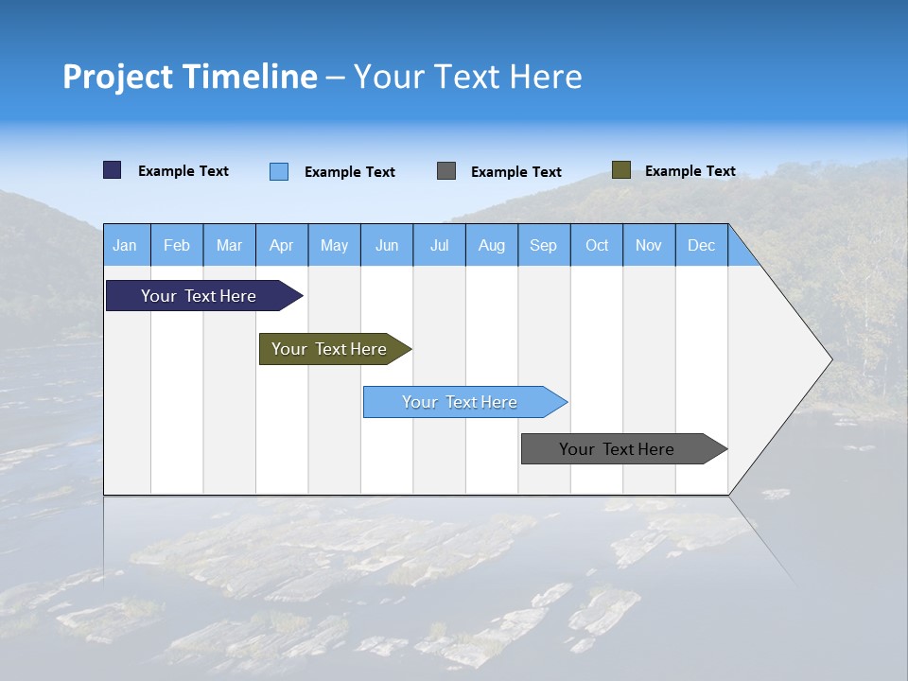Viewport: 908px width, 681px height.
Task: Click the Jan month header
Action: click(x=125, y=246)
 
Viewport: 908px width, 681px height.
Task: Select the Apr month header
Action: click(x=281, y=246)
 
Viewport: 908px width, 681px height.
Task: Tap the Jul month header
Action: click(x=439, y=246)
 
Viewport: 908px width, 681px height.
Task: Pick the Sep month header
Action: click(x=543, y=246)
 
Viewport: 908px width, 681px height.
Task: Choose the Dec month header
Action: click(x=701, y=246)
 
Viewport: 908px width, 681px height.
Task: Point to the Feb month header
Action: click(x=177, y=246)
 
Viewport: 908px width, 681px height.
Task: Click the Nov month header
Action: click(x=649, y=246)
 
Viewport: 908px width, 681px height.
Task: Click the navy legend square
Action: click(x=113, y=170)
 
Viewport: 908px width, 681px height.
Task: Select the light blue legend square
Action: click(x=279, y=171)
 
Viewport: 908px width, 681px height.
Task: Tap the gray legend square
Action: click(x=446, y=171)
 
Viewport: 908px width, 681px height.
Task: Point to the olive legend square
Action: click(x=621, y=170)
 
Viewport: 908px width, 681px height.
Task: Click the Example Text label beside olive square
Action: click(x=690, y=171)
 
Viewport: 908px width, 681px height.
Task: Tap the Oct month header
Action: click(x=597, y=246)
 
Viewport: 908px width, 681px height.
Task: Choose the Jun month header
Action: click(x=387, y=246)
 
